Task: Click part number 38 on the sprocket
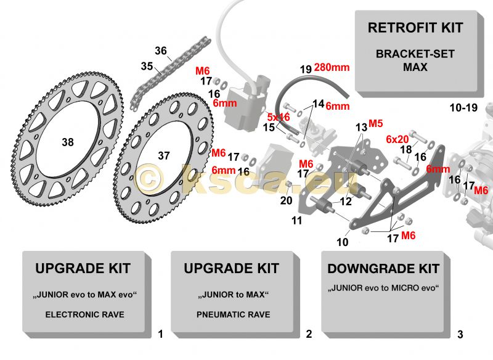point(67,142)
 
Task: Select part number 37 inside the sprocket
point(163,156)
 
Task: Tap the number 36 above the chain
point(160,51)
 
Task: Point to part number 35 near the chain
point(147,66)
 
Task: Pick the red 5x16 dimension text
point(279,117)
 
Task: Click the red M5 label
point(376,123)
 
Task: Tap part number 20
point(286,200)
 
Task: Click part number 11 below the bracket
point(296,220)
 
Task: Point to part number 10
point(342,242)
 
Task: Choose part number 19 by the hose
point(306,69)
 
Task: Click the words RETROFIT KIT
point(415,28)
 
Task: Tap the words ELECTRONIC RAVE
point(84,314)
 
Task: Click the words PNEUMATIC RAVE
point(233,314)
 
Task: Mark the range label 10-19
point(463,108)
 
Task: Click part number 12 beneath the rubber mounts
point(345,202)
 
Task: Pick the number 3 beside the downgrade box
point(460,335)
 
